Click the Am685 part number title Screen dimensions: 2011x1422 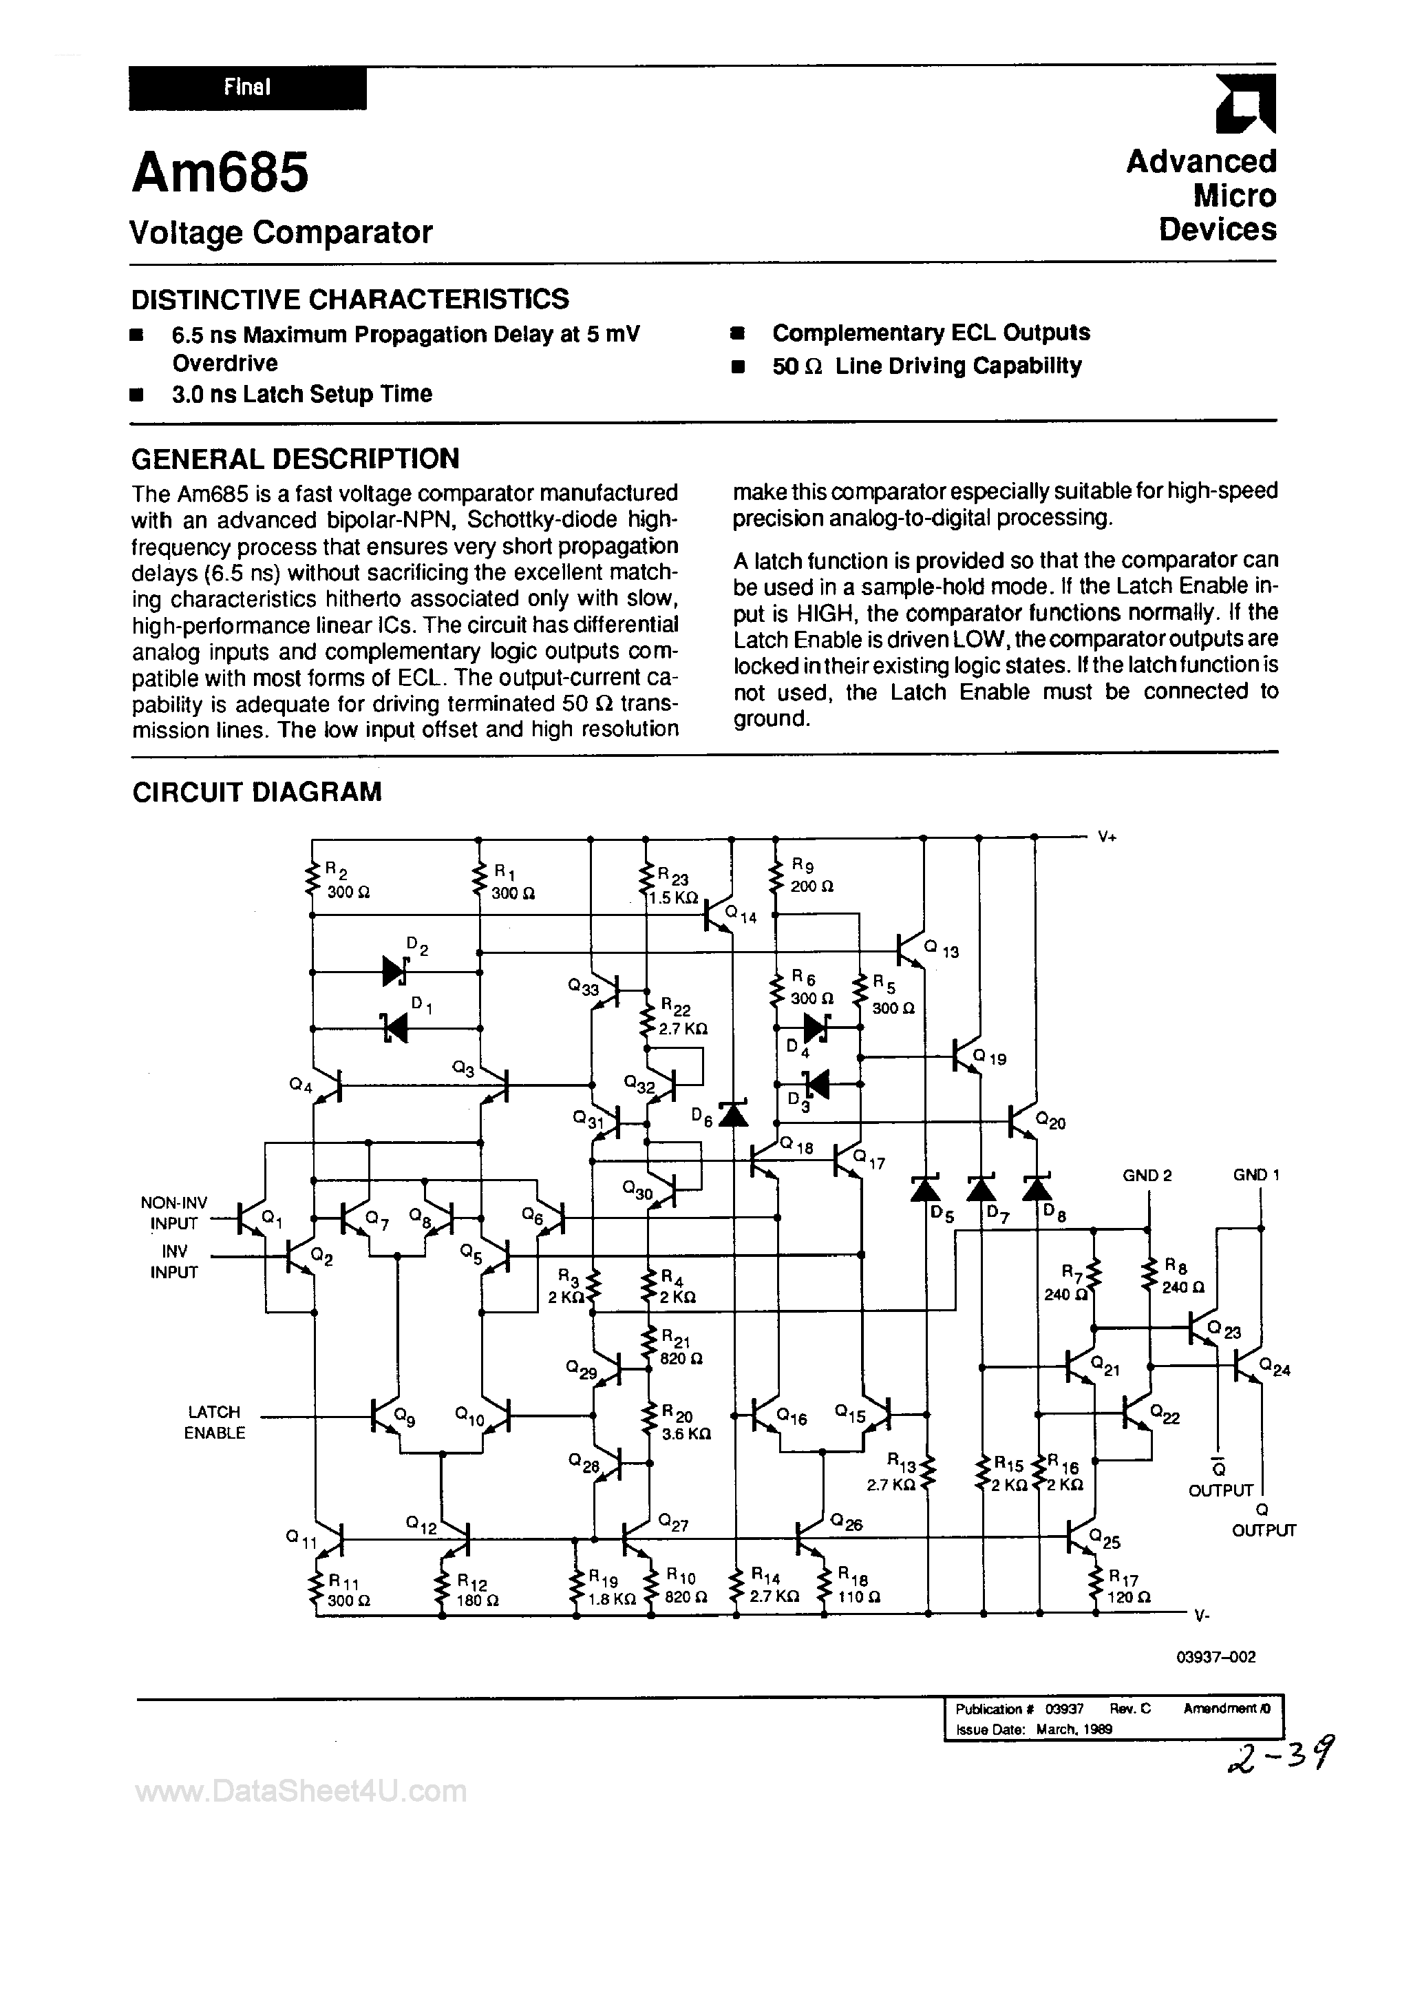coord(220,174)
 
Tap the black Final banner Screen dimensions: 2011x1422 coord(247,87)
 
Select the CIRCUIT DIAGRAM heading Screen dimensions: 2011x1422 coord(257,792)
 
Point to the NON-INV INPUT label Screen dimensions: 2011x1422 coord(173,1213)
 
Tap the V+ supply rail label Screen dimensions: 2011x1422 coord(1107,837)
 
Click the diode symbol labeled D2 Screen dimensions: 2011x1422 coord(396,971)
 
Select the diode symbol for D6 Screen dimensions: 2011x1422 coord(733,1113)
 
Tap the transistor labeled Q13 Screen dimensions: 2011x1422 coord(911,948)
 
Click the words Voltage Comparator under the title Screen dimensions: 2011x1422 coord(281,232)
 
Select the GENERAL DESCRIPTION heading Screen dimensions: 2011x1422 coord(295,458)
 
